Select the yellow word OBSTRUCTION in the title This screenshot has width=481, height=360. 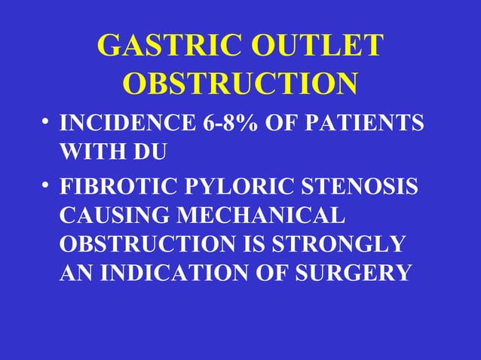(240, 84)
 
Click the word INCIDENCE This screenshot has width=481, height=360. (121, 124)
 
